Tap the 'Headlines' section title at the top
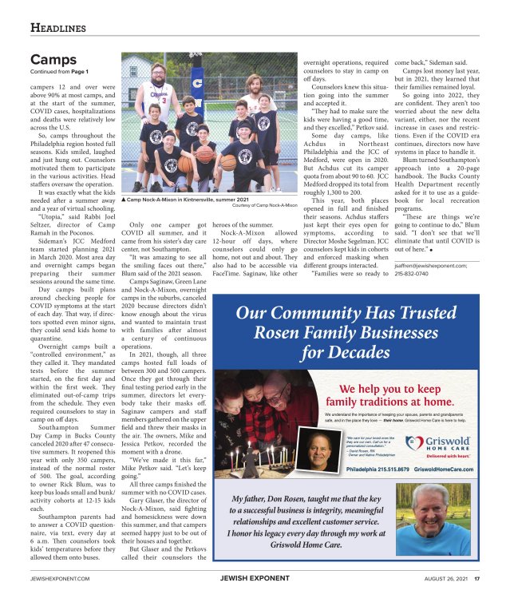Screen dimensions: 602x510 (x=58, y=29)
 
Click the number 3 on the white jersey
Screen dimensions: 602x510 (x=163, y=101)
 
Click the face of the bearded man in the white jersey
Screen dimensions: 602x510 (x=156, y=75)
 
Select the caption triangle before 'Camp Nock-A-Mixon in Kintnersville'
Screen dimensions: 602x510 (x=124, y=199)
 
